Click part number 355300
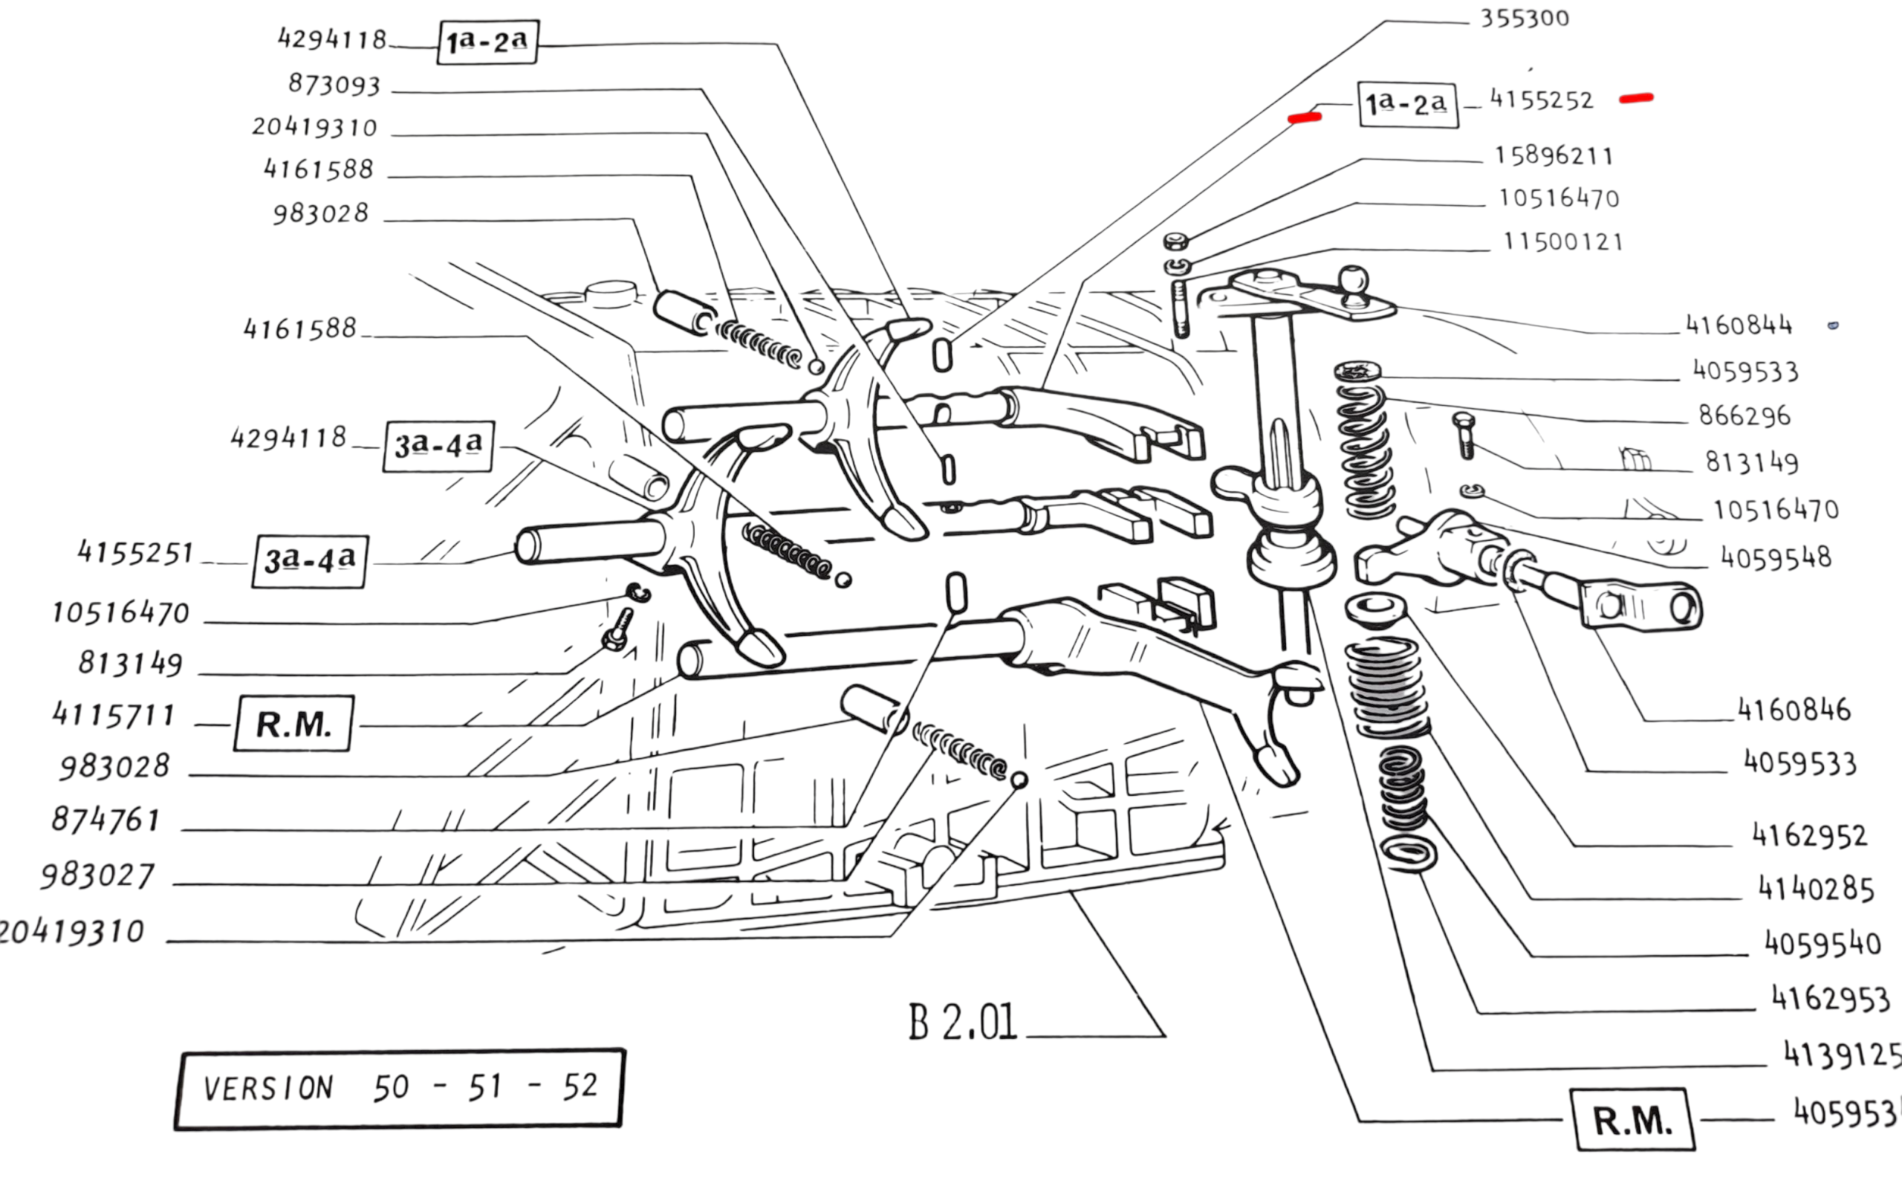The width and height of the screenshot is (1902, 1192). (1525, 18)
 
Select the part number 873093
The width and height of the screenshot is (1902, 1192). (334, 85)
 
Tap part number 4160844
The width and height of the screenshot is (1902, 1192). (1739, 325)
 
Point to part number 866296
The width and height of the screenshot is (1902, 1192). (1744, 415)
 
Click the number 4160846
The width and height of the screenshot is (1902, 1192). (1794, 710)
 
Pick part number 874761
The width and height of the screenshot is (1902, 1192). (106, 820)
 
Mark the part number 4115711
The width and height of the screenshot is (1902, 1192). (114, 715)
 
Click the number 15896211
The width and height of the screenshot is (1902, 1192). (1554, 155)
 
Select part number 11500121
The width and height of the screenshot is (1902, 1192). (1563, 242)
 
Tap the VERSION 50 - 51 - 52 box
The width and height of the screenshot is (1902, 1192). (400, 1088)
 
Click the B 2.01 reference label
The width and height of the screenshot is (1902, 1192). (963, 1023)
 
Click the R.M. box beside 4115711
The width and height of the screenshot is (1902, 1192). (294, 724)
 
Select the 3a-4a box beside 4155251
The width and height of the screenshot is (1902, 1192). (310, 561)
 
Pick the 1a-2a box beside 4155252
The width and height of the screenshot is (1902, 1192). (1408, 104)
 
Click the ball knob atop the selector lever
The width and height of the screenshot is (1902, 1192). (1353, 280)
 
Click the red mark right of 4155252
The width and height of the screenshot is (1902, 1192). (1636, 99)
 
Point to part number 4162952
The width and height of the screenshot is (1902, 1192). (1809, 835)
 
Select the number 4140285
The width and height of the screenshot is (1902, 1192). (1815, 890)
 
